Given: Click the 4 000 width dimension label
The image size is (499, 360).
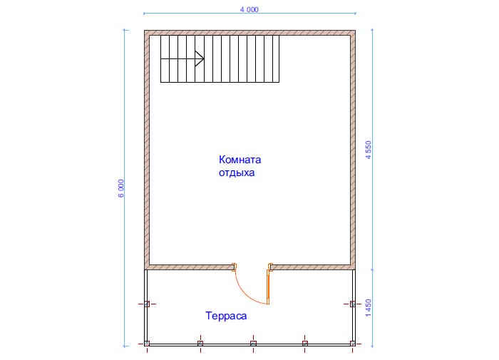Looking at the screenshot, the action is tap(249, 9).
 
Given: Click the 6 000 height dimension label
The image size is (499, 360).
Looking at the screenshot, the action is tap(121, 188).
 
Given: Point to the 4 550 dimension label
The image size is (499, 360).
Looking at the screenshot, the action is tap(369, 150).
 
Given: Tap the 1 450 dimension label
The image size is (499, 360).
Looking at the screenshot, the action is tap(369, 308).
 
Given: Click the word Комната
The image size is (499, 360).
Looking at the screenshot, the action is tap(240, 160).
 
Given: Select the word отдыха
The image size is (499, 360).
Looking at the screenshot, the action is tap(237, 173).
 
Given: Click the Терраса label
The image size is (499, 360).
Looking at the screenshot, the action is tap(226, 316).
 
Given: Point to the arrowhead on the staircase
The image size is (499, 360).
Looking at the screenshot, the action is tap(200, 58).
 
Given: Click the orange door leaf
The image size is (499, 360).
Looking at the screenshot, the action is tap(268, 287).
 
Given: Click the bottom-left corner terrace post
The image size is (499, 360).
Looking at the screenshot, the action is tap(147, 344).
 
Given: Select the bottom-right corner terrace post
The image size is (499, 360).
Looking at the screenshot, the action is tap(353, 344).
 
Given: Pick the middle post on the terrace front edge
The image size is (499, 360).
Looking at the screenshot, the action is tap(253, 344).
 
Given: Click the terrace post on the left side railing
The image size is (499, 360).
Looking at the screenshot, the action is tap(147, 304).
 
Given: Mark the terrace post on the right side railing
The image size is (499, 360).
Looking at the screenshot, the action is tap(353, 304).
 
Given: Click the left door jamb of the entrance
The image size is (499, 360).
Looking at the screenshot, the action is tap(234, 267).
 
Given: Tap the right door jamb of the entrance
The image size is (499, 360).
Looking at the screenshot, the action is tap(270, 267).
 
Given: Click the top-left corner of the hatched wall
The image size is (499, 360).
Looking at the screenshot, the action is tap(145, 31).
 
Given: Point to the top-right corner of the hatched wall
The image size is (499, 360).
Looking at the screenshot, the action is tap(356, 31).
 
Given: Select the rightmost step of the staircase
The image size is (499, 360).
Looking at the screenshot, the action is tap(276, 59).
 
